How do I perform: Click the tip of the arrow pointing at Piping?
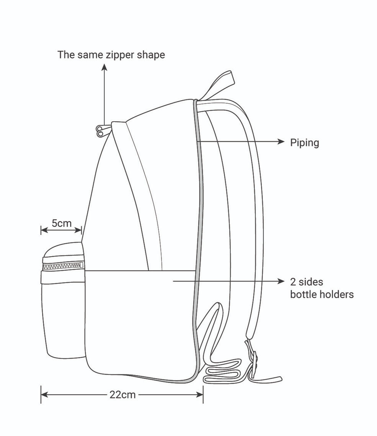284,142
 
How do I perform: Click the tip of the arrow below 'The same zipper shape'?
104,64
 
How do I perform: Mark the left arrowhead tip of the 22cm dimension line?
41,394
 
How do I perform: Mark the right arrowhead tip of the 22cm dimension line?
203,394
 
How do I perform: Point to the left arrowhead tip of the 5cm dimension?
41,230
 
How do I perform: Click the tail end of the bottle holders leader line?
173,281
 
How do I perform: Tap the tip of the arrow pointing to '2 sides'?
284,281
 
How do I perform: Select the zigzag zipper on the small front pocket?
63,266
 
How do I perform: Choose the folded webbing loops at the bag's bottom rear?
223,371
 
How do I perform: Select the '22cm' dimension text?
122,394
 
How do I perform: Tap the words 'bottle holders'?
322,294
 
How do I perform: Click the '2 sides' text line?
306,282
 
